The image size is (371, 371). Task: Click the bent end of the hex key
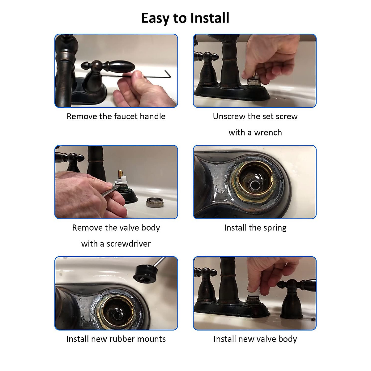point(168,75)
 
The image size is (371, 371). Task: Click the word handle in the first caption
point(152,116)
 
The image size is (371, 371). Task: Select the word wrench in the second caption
point(268,133)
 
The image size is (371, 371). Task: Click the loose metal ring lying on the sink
point(155,202)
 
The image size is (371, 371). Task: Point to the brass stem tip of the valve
point(121,173)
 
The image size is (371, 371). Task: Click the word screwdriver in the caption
point(129,244)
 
